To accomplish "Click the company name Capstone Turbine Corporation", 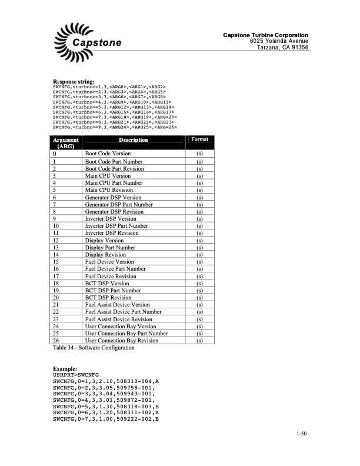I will (x=265, y=35).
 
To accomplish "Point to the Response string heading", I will (x=74, y=81).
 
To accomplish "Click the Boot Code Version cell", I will (x=108, y=154).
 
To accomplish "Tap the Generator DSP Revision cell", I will (x=114, y=212).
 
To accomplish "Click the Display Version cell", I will (x=105, y=241).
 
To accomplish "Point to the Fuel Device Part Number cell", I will (x=115, y=269).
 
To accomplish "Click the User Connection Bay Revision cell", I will (x=122, y=340).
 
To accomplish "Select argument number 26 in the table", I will (x=56, y=340).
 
